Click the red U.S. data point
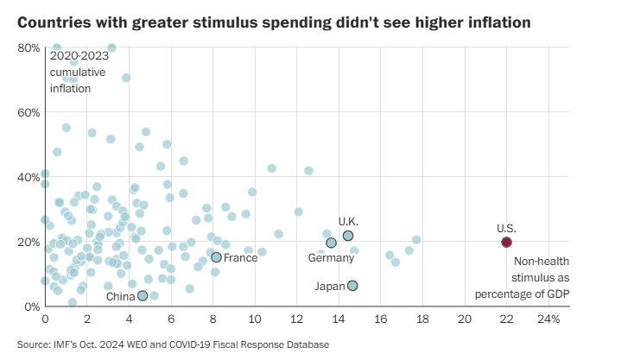point(506,242)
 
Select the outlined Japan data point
point(352,286)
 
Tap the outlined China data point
point(143,295)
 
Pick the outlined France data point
point(216,257)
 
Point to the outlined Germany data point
point(331,243)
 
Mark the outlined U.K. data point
point(348,236)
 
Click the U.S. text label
point(506,228)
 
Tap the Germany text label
point(332,257)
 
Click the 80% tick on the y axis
point(28,47)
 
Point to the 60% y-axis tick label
point(28,112)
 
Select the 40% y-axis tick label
point(28,177)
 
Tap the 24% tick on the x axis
point(548,319)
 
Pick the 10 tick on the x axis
point(255,319)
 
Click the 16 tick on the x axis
point(381,319)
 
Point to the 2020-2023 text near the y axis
point(79,57)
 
